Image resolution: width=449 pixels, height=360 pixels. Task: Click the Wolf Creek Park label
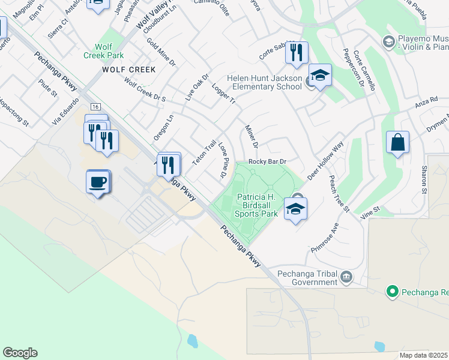tap(109, 50)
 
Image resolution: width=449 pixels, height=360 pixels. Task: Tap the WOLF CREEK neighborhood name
tap(128, 70)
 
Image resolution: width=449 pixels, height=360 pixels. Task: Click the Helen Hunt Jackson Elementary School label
tap(264, 82)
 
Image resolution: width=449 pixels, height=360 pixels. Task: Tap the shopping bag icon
tap(397, 143)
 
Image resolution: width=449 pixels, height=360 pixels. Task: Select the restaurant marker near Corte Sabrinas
tap(297, 53)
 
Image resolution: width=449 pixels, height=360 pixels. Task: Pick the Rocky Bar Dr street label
tap(267, 161)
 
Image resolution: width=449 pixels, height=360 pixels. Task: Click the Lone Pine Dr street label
tap(222, 160)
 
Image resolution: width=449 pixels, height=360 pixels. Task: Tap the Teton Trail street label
tap(203, 154)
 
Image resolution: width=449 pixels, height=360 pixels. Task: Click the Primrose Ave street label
tap(325, 238)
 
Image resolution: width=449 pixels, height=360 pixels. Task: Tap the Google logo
tap(20, 353)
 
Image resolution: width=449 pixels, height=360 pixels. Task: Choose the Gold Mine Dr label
tap(161, 52)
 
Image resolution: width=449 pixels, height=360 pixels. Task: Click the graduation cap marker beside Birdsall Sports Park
tap(295, 209)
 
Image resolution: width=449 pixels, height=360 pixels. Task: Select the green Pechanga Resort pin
tap(393, 292)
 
